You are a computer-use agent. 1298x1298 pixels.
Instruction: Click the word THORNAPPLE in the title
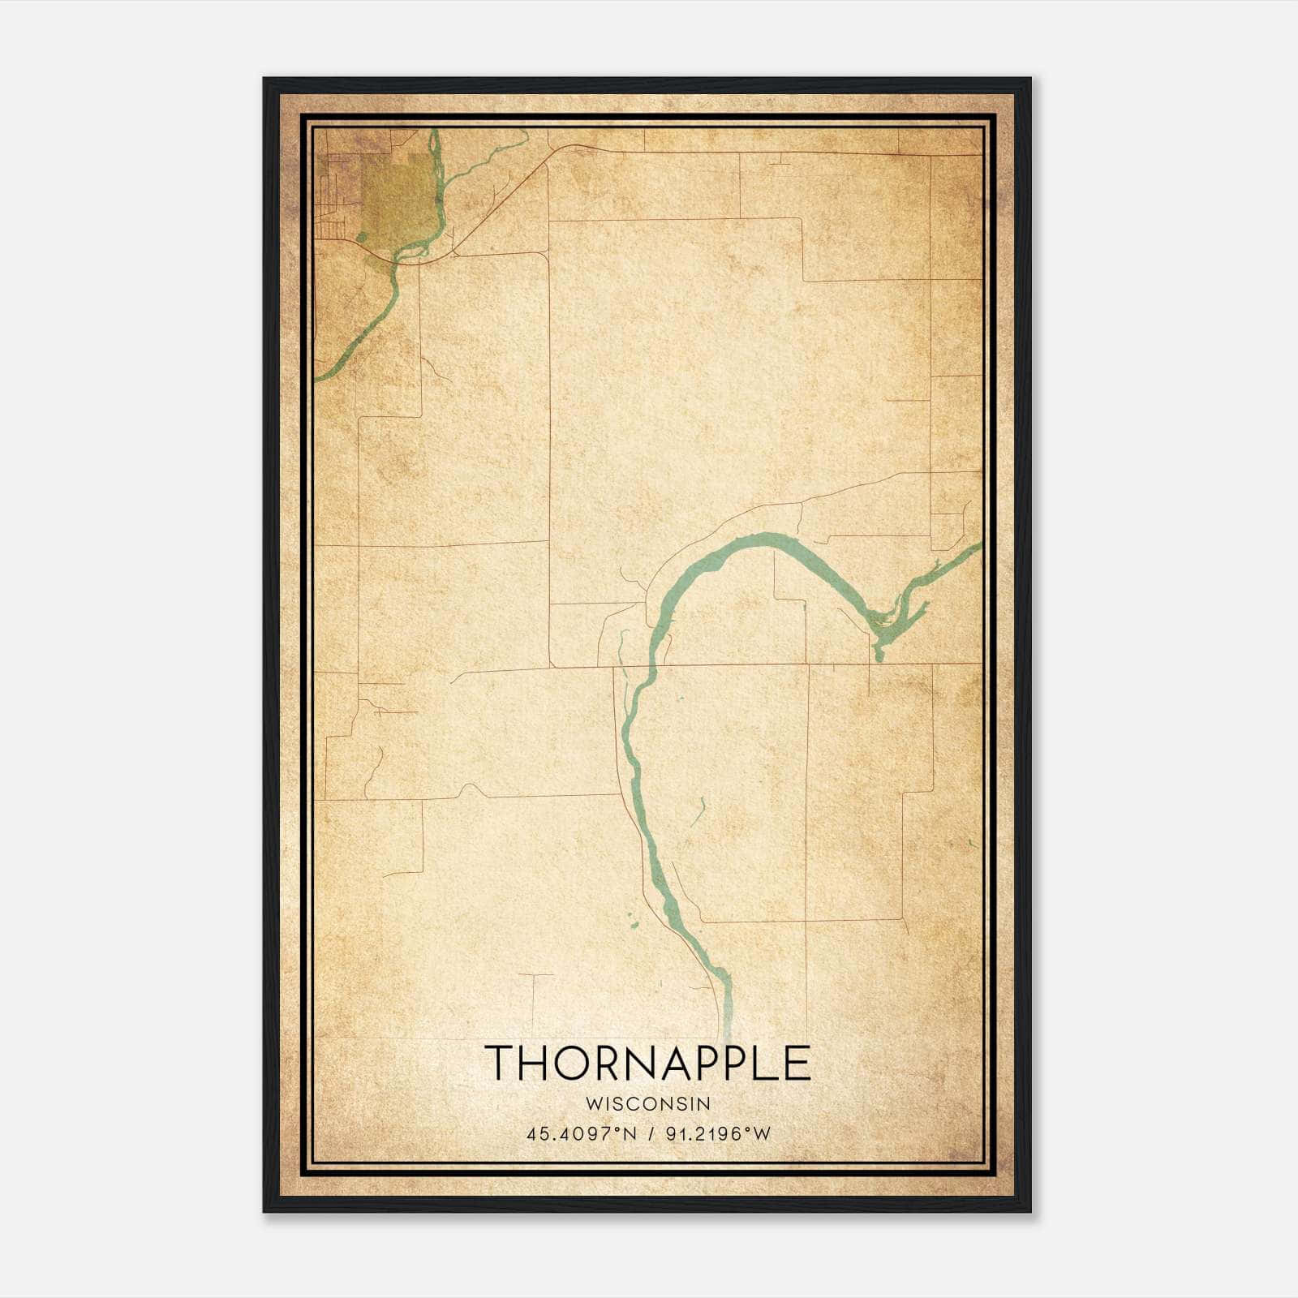pos(647,1063)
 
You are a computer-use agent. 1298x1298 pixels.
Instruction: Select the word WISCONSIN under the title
pos(647,1103)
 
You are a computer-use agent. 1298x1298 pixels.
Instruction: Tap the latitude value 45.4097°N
pos(581,1134)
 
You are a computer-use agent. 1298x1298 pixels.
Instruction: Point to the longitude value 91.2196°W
pos(718,1134)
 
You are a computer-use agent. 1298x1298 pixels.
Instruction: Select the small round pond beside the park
pos(361,237)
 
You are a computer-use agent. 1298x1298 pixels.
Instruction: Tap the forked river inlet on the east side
pos(888,625)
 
